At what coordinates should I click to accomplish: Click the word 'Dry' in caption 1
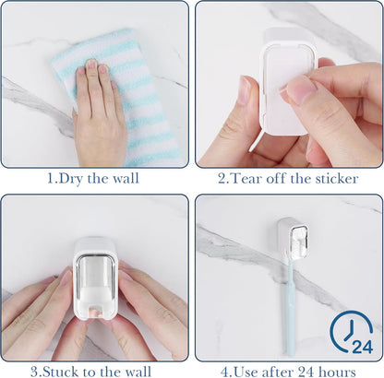click(70, 179)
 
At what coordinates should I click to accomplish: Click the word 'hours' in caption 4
click(337, 372)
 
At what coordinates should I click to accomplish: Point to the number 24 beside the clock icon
click(362, 347)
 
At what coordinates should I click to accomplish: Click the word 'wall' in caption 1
click(126, 179)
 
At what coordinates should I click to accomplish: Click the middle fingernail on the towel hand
click(91, 64)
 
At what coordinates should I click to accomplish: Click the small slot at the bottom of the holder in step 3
click(95, 311)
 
